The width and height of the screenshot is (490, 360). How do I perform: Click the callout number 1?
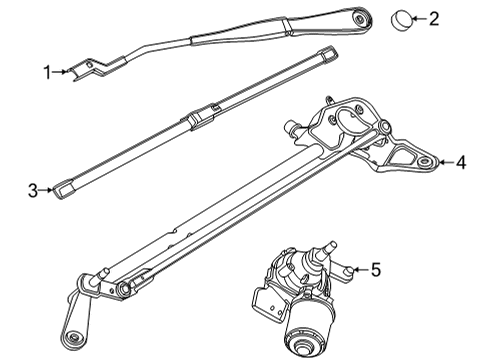[46, 71]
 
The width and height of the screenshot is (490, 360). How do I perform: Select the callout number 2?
[433, 17]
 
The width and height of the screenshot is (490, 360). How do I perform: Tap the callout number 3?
[32, 189]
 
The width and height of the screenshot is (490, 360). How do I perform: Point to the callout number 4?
[462, 160]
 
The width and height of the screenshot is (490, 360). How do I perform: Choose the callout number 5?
[376, 269]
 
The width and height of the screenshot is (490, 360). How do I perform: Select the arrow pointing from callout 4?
[444, 160]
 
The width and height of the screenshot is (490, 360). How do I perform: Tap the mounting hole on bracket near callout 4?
[427, 160]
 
